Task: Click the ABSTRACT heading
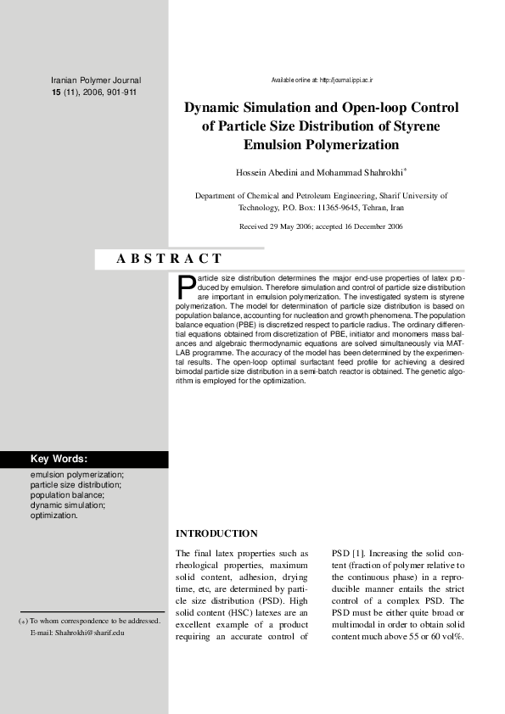pos(169,259)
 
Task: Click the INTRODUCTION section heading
pos(216,533)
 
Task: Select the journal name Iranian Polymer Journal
pos(96,80)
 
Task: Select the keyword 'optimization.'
pos(54,515)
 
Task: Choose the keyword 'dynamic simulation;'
pos(68,505)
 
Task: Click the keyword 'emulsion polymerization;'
pos(77,475)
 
